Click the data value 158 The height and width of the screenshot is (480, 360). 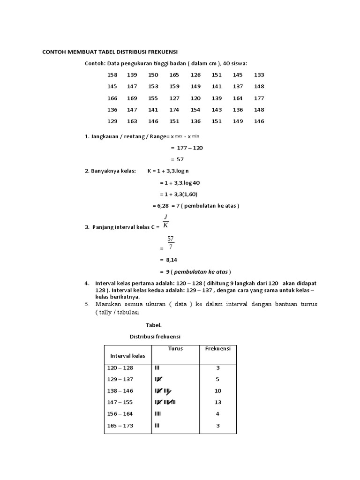pyautogui.click(x=112, y=75)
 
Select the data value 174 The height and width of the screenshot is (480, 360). pyautogui.click(x=174, y=110)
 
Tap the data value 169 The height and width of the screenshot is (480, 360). pyautogui.click(x=132, y=98)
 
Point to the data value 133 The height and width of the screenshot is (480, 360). pyautogui.click(x=259, y=75)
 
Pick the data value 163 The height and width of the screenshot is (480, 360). pyautogui.click(x=132, y=121)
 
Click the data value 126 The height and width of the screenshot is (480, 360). pyautogui.click(x=195, y=75)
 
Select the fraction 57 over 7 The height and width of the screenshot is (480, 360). pyautogui.click(x=170, y=243)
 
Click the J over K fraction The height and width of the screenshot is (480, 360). pyautogui.click(x=165, y=220)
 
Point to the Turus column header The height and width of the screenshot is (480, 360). pyautogui.click(x=175, y=349)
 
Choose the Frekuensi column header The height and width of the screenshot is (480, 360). pyautogui.click(x=217, y=349)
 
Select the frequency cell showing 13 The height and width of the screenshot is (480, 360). pyautogui.click(x=217, y=402)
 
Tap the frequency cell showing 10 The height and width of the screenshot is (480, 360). pyautogui.click(x=217, y=391)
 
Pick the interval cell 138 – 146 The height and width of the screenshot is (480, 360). pyautogui.click(x=120, y=391)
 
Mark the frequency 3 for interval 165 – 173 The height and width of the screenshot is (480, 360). pyautogui.click(x=217, y=426)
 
